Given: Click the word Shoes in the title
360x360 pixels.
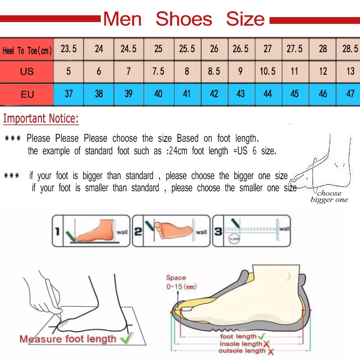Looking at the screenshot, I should pos(184,19).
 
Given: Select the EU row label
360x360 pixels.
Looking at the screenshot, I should pos(27,94).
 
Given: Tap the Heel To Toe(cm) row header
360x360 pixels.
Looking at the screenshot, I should pos(27,50).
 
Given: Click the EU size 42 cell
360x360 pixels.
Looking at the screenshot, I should pos(214,94).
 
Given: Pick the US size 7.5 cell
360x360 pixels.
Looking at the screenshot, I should pos(158,72).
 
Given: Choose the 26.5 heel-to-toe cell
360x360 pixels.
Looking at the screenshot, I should pos(241,49).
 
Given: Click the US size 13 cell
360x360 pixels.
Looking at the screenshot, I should pos(350,72).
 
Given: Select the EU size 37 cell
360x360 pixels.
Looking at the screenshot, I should pos(69,94).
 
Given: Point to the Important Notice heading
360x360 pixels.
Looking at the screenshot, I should pos(41,119).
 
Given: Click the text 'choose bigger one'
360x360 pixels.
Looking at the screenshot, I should pos(329,197).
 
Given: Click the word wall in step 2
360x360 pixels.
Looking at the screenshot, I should pos(202,232).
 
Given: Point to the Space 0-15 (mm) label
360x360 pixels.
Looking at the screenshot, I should pos(181,282).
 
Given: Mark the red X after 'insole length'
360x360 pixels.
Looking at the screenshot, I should pos(267,344).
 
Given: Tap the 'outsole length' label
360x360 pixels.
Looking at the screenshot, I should pos(241,351).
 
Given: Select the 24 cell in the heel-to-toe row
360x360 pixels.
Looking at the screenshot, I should pos(99,49).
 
